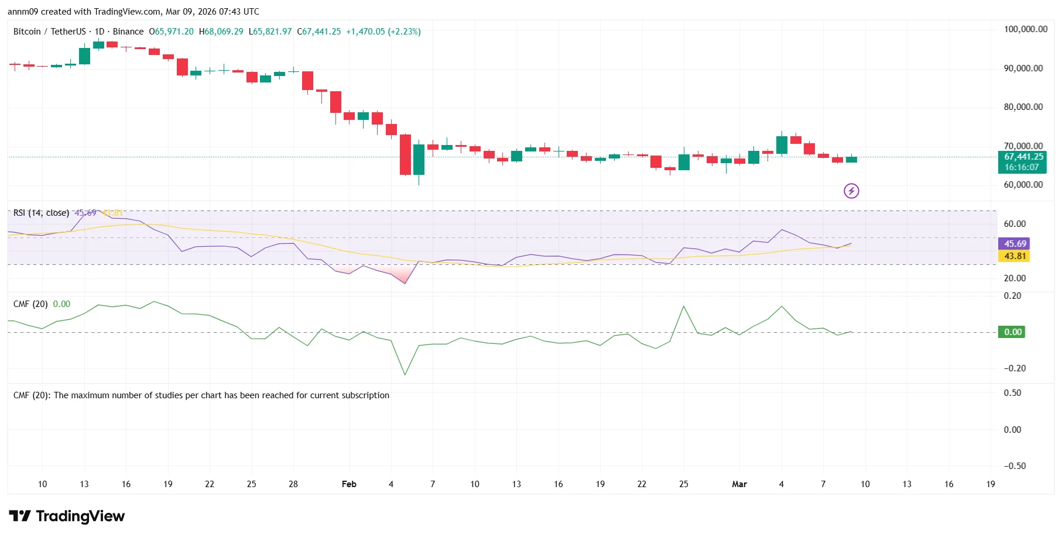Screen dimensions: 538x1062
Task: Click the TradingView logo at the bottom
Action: click(67, 516)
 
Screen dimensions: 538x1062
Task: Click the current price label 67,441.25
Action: click(1023, 157)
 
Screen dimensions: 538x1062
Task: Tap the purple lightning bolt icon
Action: click(851, 191)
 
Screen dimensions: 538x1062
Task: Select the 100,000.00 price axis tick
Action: click(1025, 29)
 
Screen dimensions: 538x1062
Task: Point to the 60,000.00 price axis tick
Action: click(1023, 185)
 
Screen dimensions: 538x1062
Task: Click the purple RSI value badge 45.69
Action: click(1015, 244)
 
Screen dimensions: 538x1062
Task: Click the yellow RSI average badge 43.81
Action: click(1015, 256)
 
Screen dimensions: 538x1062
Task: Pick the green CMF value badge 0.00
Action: click(1013, 332)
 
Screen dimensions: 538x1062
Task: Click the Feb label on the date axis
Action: click(349, 484)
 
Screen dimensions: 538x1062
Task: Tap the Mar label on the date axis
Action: click(739, 484)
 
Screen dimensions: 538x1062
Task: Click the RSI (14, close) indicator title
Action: click(41, 213)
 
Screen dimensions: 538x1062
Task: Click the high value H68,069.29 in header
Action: click(221, 32)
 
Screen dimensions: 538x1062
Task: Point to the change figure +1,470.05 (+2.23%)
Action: click(383, 32)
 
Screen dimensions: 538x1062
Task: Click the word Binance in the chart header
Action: click(128, 32)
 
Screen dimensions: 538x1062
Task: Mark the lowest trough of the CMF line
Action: click(405, 374)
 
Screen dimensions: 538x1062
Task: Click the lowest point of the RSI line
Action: click(405, 284)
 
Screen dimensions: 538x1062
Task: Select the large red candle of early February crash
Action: click(405, 154)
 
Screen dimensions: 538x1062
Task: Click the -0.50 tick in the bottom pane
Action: click(1015, 466)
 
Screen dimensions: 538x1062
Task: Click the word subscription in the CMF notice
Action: click(365, 395)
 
